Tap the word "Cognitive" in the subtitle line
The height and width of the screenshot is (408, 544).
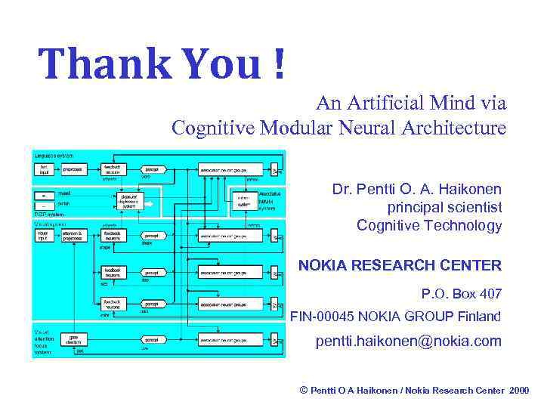[215, 128]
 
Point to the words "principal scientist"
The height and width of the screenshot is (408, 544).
[444, 207]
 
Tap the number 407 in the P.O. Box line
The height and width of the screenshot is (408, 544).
[488, 293]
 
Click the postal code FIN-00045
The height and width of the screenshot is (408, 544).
[323, 316]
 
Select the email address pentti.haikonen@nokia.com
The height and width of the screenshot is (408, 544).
[408, 342]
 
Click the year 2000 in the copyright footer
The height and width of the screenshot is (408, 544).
[519, 391]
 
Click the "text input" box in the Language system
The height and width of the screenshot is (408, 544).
[44, 169]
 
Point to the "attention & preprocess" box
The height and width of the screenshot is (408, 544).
[74, 235]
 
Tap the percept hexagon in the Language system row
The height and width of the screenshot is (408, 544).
[151, 169]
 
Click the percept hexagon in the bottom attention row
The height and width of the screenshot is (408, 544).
[151, 339]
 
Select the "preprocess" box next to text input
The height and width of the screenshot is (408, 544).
[73, 169]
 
